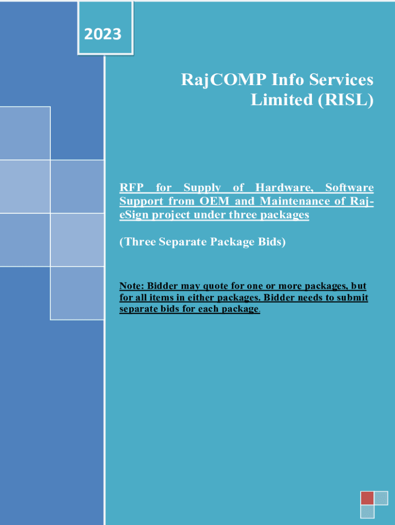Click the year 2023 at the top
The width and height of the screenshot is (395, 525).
[x=103, y=34]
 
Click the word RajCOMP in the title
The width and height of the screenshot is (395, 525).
[x=224, y=80]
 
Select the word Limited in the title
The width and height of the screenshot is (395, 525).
[x=282, y=99]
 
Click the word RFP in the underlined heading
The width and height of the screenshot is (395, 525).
[x=132, y=188]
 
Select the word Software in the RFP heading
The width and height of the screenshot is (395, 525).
[x=349, y=188]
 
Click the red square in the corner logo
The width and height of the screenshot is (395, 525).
[x=367, y=498]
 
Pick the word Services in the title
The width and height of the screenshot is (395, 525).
[x=341, y=80]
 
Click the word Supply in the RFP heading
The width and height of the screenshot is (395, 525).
[x=202, y=188]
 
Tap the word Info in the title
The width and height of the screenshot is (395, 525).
[x=287, y=80]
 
